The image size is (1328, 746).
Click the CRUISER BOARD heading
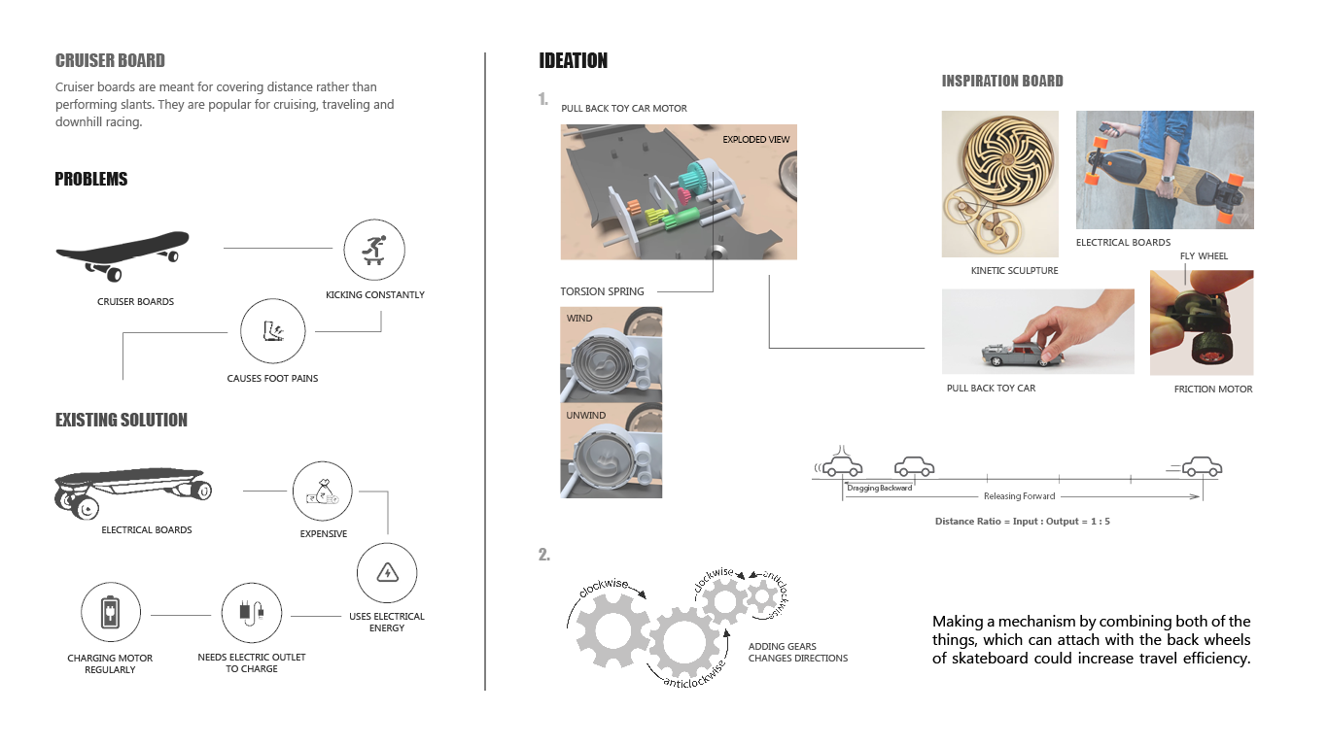(110, 60)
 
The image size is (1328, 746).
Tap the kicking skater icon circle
(374, 250)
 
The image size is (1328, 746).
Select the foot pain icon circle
(273, 330)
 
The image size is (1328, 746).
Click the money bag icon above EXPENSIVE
(322, 492)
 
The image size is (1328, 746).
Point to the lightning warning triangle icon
(387, 572)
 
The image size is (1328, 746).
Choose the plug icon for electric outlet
(252, 613)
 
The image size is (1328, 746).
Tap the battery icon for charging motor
(111, 612)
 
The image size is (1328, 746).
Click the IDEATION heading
(574, 60)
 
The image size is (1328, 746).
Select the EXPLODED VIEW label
(756, 139)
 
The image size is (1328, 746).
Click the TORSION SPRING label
(602, 291)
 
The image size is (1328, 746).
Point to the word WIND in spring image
(579, 319)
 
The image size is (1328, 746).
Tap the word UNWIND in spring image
(586, 416)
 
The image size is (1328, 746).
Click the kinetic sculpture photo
(999, 184)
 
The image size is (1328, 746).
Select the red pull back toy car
(1023, 354)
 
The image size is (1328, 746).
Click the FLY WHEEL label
(1204, 256)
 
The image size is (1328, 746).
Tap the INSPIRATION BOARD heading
(1002, 81)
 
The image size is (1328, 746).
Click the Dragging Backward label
(879, 488)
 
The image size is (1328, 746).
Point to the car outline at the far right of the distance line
(1202, 467)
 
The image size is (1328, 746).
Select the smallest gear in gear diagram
(762, 596)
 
